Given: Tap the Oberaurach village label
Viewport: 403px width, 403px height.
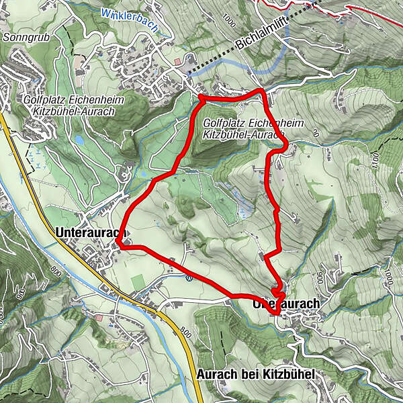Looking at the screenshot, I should [x=286, y=304].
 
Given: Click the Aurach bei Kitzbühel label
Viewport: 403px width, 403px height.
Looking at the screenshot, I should [x=256, y=373].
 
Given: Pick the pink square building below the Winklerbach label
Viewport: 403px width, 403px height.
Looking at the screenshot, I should [x=177, y=62].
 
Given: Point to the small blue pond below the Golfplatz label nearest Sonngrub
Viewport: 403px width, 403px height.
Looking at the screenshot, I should [x=79, y=140].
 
